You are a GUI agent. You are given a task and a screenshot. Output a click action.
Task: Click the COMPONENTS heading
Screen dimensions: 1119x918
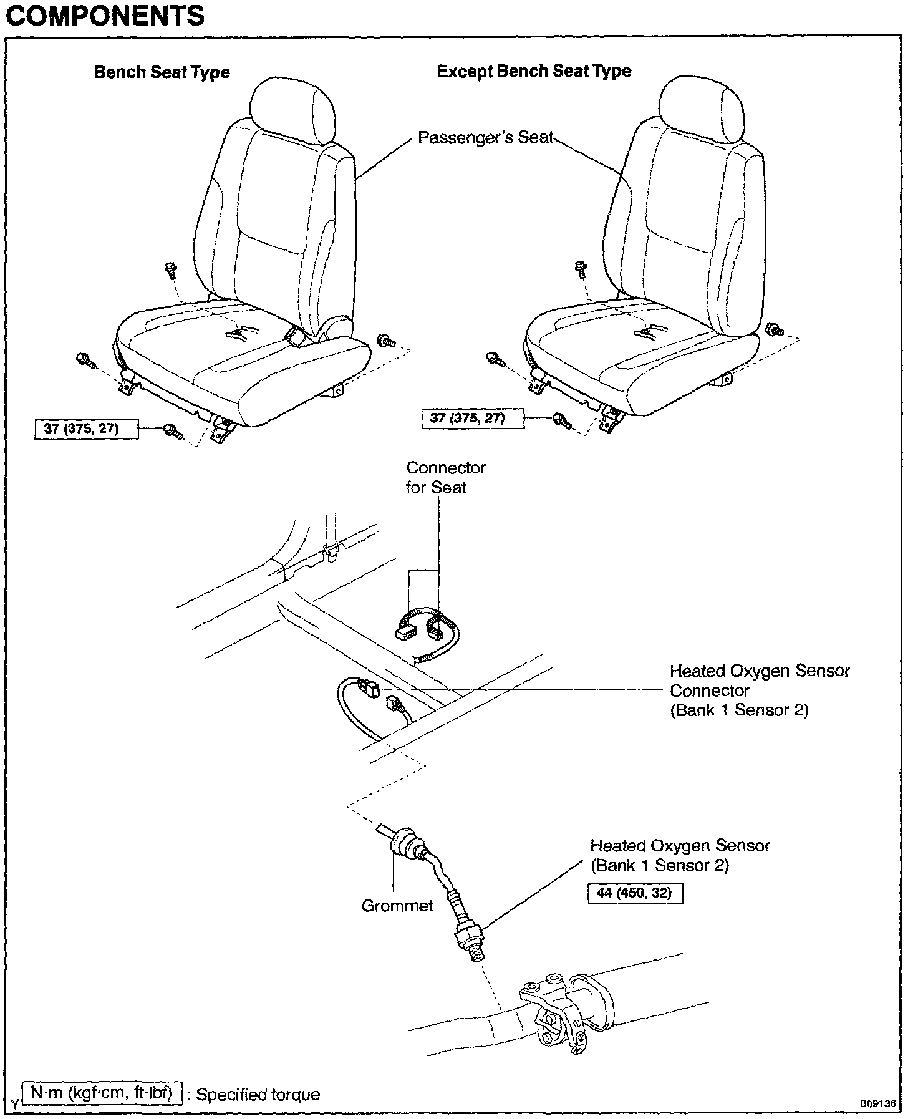105,15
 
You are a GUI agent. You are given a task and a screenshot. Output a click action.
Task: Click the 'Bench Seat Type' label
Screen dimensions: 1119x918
162,72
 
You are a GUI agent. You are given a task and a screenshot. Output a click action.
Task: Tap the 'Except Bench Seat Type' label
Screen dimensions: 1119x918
534,71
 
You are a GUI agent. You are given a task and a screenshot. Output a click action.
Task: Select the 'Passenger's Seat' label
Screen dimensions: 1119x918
485,137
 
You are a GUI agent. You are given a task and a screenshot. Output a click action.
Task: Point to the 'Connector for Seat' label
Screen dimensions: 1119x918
445,477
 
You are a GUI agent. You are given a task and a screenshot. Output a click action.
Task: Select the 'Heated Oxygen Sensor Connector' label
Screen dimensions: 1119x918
759,690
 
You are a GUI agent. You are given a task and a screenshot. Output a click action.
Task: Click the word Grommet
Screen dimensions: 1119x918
397,905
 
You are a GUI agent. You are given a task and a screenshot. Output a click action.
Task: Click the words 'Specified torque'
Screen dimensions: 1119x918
258,1094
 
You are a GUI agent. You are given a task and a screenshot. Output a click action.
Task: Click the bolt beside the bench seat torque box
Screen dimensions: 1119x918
172,431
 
